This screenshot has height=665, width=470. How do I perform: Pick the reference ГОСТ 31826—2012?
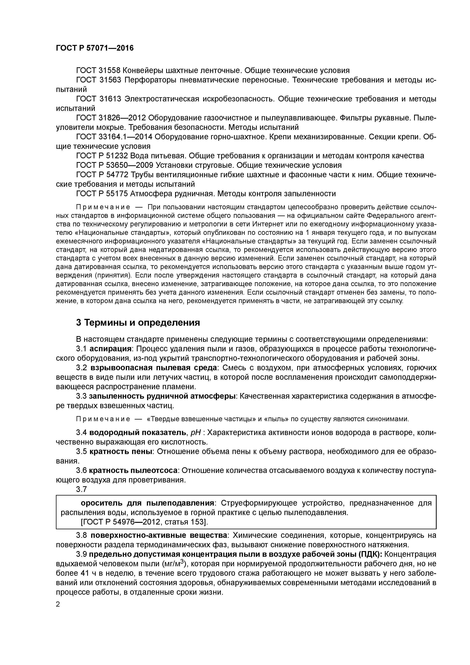click(x=112, y=118)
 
